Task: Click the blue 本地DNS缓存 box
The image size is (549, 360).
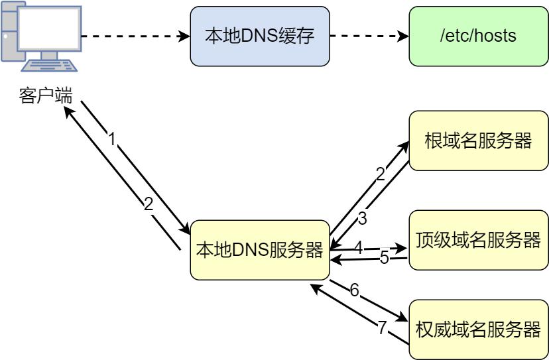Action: click(x=259, y=36)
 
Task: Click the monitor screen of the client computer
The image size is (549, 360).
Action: click(x=48, y=30)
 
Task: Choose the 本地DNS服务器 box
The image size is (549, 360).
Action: click(x=259, y=250)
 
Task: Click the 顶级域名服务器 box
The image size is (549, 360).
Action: click(x=477, y=239)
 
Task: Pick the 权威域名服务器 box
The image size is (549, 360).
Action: click(x=477, y=330)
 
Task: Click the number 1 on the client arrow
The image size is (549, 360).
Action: click(x=113, y=139)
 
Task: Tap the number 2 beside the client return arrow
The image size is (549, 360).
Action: click(x=149, y=204)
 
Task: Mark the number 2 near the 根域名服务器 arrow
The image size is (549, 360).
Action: click(x=381, y=174)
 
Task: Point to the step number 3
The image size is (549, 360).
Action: click(x=362, y=218)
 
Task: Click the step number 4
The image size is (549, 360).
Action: click(x=359, y=248)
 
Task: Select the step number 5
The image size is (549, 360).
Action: click(x=385, y=258)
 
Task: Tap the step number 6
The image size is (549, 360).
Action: click(x=355, y=290)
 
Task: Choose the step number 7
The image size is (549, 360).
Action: click(x=381, y=328)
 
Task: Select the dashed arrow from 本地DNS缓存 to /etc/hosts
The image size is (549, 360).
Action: click(x=369, y=36)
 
